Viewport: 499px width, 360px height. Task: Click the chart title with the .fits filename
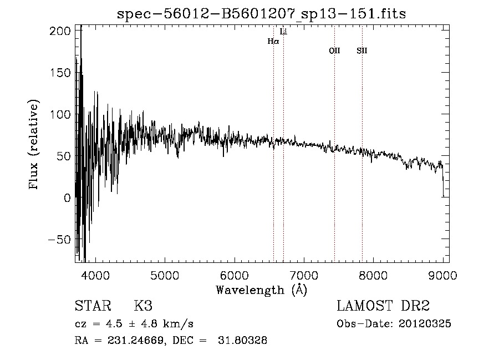coord(262,14)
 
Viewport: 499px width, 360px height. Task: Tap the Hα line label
coord(273,41)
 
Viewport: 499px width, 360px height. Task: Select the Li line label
coord(283,32)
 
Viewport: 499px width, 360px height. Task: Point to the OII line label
coord(334,51)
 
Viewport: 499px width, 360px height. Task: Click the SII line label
coord(362,51)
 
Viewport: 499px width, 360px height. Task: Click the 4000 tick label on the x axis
coord(95,275)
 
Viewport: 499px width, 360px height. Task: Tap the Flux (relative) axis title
coord(34,145)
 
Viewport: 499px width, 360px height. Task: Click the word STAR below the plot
coord(93,306)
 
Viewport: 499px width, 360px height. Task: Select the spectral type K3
coord(143,306)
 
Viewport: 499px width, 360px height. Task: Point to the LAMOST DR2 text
coord(383,306)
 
